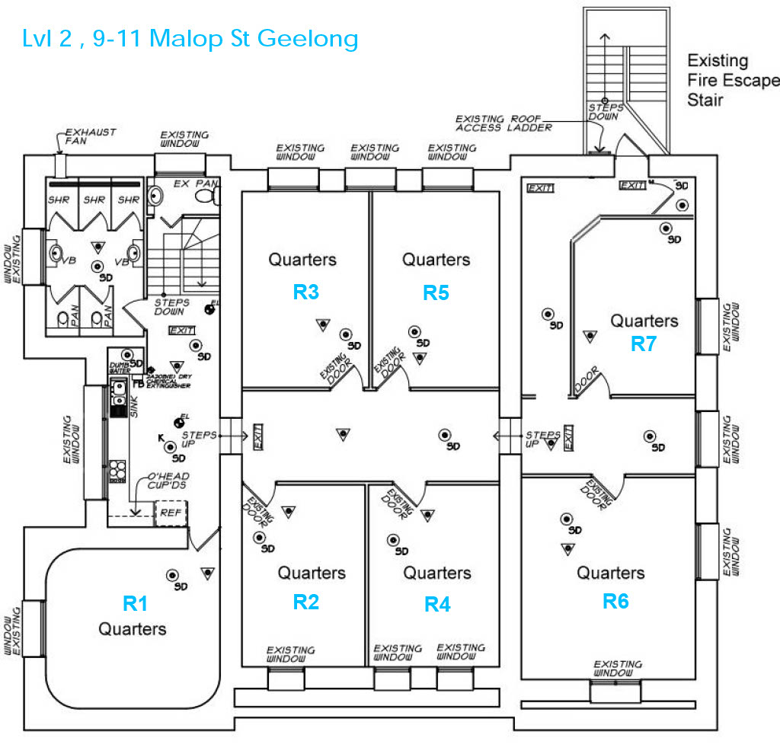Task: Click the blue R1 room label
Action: pyautogui.click(x=135, y=603)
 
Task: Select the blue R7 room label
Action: pyautogui.click(x=643, y=343)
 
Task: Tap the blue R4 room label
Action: pyautogui.click(x=437, y=604)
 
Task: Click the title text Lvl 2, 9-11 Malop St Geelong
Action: pyautogui.click(x=190, y=38)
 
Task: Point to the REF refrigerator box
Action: pyautogui.click(x=171, y=513)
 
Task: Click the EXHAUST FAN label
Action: pyautogui.click(x=91, y=136)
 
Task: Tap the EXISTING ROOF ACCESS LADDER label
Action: pyautogui.click(x=503, y=123)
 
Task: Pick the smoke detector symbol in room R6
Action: pyautogui.click(x=567, y=519)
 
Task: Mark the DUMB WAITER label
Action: pyautogui.click(x=120, y=369)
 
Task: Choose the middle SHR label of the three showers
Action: pyautogui.click(x=94, y=200)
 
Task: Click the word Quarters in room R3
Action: pyautogui.click(x=302, y=260)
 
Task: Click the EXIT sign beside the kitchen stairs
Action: pyautogui.click(x=182, y=330)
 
